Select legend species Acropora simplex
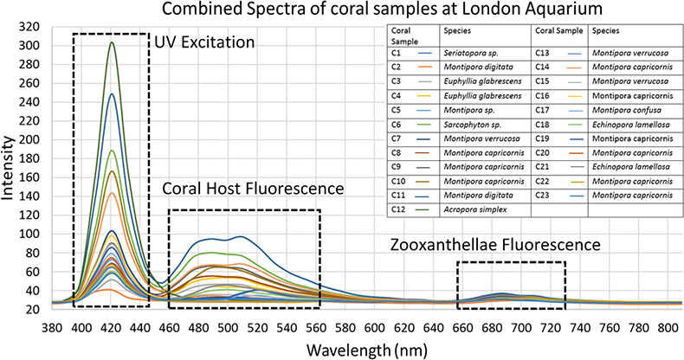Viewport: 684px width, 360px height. tap(474, 209)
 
